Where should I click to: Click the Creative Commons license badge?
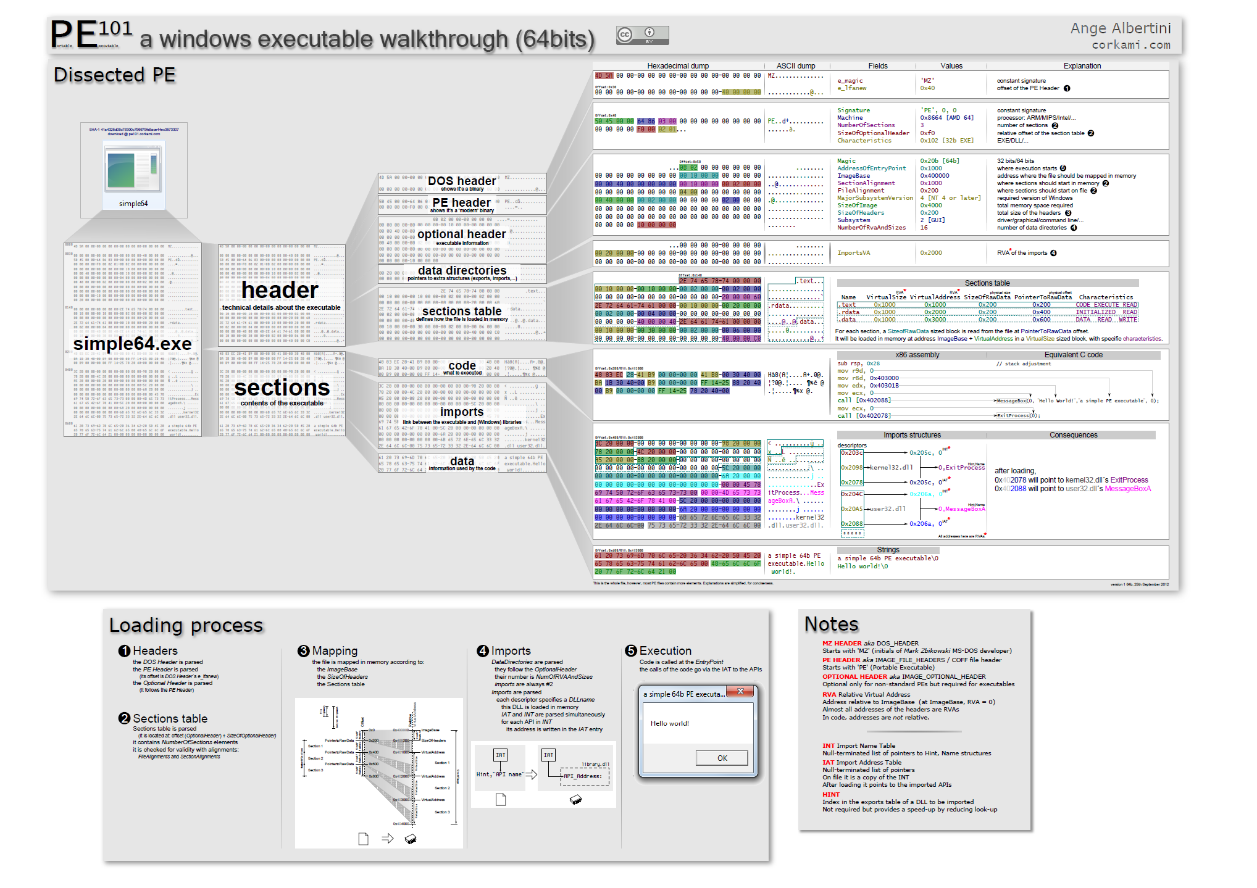point(642,35)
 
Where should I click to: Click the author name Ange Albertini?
point(1120,28)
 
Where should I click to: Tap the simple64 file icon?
point(133,170)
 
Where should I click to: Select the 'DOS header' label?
point(462,181)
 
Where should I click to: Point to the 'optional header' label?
point(461,234)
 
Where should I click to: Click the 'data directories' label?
point(462,270)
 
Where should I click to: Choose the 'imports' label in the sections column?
point(462,412)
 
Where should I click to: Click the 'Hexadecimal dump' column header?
point(677,66)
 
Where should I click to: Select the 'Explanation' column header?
point(1082,66)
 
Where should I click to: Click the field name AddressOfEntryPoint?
point(871,168)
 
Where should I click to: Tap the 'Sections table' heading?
point(987,283)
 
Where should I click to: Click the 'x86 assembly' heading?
point(917,355)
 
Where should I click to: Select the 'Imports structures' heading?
point(912,435)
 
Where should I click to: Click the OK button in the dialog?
point(722,758)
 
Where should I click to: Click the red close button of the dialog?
point(740,691)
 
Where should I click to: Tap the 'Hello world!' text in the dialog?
point(669,723)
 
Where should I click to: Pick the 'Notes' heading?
point(831,625)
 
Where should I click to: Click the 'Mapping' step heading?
point(335,651)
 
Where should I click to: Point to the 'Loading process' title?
point(186,625)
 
